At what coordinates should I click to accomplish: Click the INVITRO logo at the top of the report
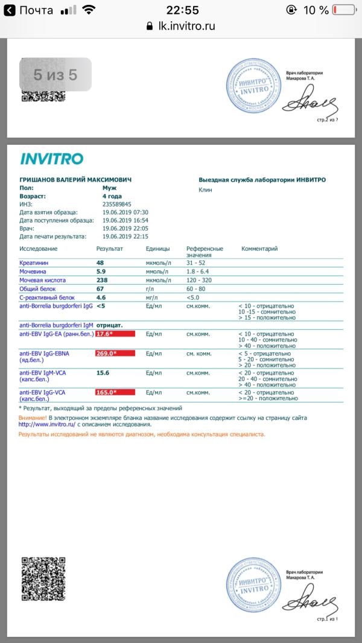(52, 159)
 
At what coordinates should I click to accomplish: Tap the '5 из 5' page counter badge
(56, 75)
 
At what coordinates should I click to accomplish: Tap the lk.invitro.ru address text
(185, 26)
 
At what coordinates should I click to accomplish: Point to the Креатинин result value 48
(100, 263)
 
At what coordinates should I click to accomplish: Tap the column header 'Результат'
(109, 249)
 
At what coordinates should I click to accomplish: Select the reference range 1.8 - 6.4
(200, 271)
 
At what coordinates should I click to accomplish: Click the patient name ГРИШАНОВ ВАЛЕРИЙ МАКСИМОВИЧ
(75, 180)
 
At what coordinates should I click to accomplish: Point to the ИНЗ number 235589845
(116, 204)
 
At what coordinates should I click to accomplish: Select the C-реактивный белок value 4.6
(101, 297)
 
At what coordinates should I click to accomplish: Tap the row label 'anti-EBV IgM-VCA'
(42, 373)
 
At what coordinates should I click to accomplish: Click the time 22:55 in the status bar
(180, 10)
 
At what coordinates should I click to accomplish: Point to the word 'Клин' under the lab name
(205, 189)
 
